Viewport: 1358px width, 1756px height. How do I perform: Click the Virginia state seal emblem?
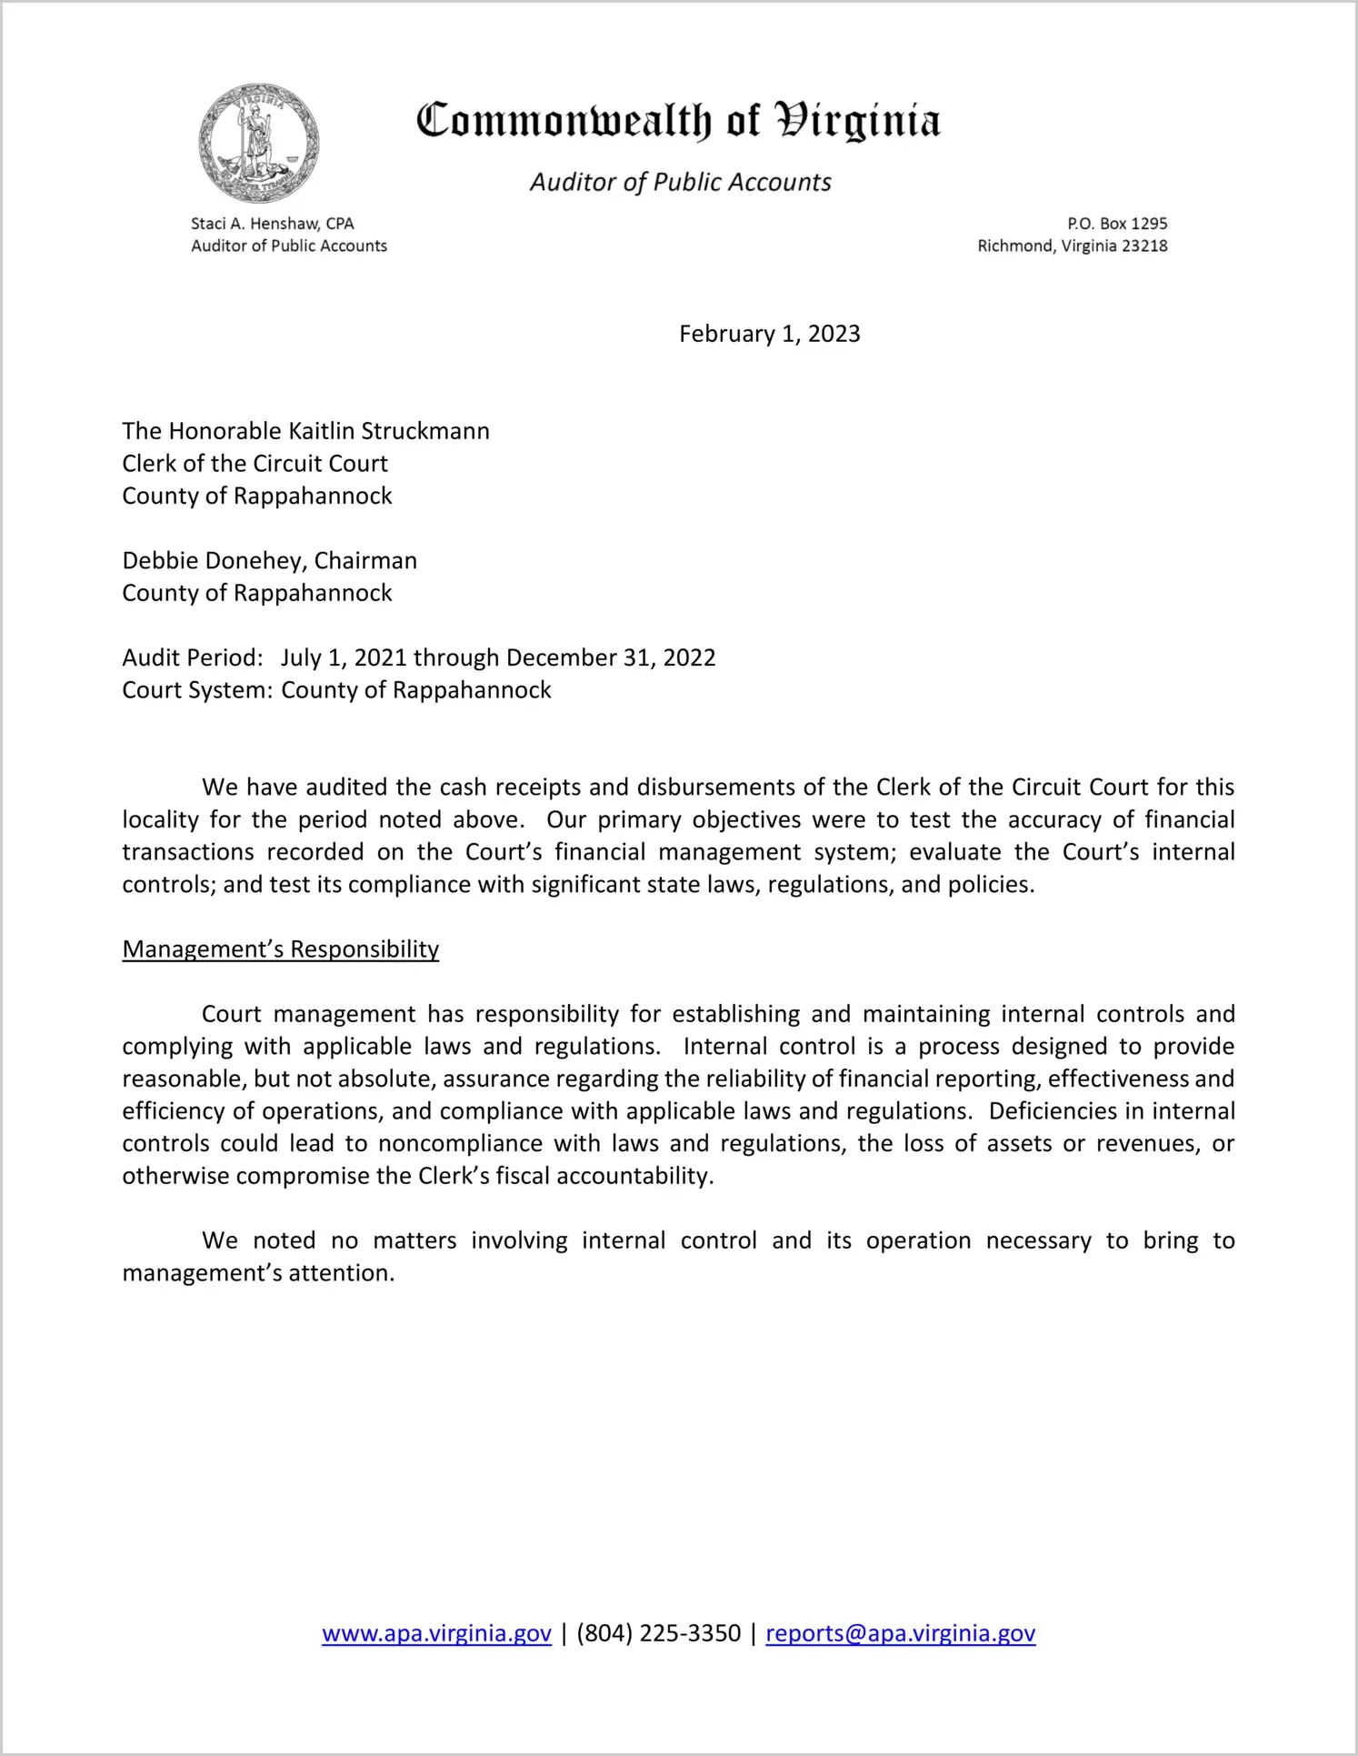point(259,143)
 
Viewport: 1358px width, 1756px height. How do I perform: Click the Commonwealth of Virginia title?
point(678,121)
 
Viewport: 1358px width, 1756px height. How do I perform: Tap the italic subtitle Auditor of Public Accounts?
point(680,182)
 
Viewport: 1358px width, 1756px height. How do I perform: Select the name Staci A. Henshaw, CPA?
point(272,224)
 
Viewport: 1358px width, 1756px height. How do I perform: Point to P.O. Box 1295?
point(1117,224)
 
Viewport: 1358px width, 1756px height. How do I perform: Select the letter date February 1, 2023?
point(769,334)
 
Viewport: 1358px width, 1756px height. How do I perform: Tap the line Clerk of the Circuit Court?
point(255,464)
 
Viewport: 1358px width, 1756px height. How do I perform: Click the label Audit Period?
point(193,657)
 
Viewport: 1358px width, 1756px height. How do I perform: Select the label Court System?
point(197,690)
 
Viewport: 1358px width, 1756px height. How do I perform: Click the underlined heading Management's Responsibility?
point(280,949)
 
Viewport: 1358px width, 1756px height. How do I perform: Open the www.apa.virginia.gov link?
point(436,1633)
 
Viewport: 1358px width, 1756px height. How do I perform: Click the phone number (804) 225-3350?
point(658,1633)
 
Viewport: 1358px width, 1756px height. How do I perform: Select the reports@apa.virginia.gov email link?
point(900,1633)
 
